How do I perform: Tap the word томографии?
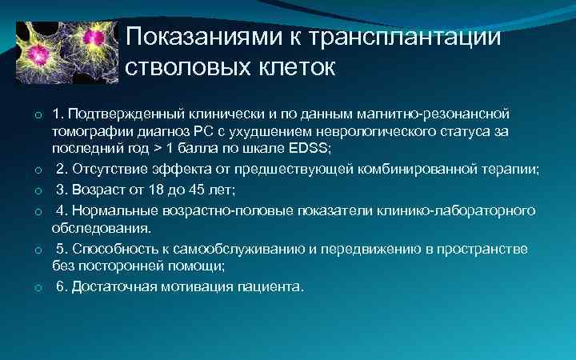[x=87, y=131]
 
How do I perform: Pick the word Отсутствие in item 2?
[x=106, y=170]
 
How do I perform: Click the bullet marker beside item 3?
[x=38, y=191]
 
